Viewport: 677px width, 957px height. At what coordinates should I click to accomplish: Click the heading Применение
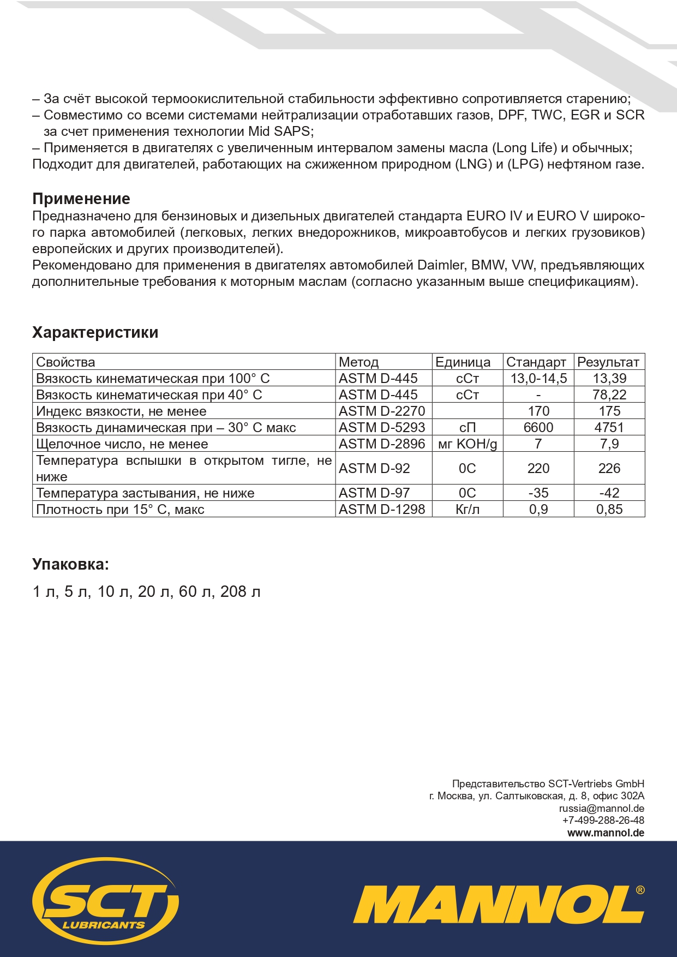pos(81,199)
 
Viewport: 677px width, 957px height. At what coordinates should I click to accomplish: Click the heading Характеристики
pos(95,332)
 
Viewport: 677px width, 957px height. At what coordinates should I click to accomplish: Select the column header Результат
pos(608,362)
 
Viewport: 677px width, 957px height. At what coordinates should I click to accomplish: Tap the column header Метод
pos(358,362)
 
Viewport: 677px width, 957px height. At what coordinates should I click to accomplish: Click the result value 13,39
pos(609,378)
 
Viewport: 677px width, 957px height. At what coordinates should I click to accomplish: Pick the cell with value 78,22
pos(609,394)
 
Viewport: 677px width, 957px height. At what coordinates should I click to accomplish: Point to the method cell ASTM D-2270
pos(381,411)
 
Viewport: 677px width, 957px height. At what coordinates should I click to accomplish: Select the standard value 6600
pos(538,427)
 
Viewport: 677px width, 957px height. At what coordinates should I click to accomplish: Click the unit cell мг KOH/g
pos(468,444)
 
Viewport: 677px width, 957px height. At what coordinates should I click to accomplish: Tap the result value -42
pos(609,493)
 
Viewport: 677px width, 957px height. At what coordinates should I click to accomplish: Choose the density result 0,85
pos(609,509)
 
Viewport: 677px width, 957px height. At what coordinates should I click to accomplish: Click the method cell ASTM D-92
pos(374,468)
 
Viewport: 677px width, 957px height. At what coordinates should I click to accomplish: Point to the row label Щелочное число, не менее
pos(122,444)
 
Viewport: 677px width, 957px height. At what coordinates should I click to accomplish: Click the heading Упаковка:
pos(70,564)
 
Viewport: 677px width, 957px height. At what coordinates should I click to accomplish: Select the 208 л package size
pos(240,591)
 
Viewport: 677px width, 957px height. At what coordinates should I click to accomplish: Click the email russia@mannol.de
pos(602,809)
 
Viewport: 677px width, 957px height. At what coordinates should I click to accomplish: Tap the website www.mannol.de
pos(606,833)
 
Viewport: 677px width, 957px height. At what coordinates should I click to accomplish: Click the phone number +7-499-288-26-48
pos(603,821)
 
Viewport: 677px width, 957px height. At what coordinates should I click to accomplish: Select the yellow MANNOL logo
pos(498,905)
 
